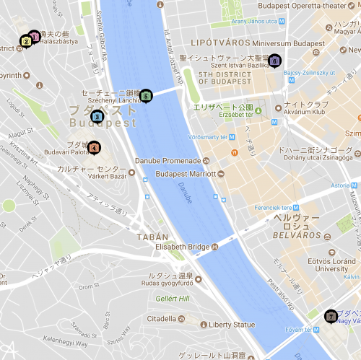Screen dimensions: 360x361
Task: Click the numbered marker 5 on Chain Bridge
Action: (146, 95)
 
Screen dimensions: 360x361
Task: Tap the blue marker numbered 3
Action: (98, 116)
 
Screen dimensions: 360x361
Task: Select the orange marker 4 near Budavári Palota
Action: (95, 148)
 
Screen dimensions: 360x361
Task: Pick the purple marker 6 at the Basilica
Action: (274, 61)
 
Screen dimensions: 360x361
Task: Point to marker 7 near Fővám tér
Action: (331, 316)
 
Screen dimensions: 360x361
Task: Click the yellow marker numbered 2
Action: (26, 41)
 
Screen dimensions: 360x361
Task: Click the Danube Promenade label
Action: (168, 160)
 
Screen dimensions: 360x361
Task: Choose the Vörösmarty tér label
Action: (212, 137)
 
